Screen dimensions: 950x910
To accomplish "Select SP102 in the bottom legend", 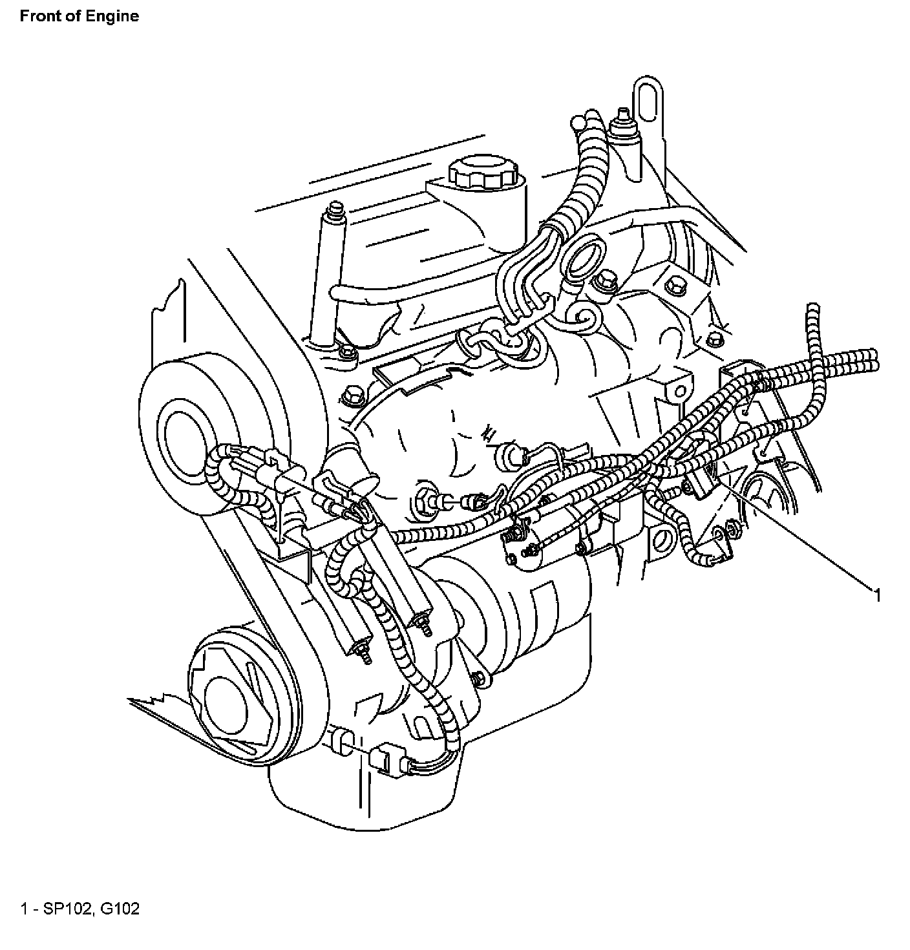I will (67, 909).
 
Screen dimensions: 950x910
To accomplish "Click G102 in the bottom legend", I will (120, 909).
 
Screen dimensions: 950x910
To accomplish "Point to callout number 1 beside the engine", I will (877, 595).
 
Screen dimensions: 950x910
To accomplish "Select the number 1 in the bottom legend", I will (25, 909).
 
